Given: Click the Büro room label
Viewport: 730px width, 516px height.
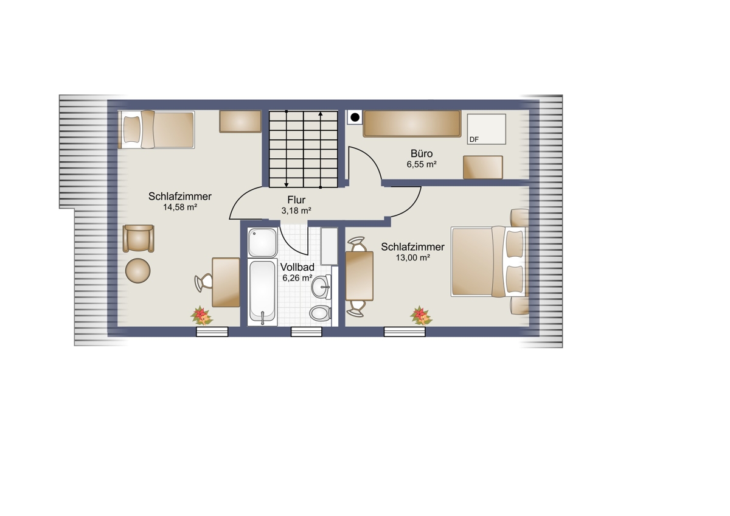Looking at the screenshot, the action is (422, 153).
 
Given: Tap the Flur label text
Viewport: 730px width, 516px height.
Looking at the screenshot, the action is (296, 200).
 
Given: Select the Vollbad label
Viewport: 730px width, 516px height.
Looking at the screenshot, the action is (297, 267).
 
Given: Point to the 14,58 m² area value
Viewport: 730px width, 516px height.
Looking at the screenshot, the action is (180, 207).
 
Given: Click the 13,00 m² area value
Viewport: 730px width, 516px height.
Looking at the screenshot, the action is (413, 257).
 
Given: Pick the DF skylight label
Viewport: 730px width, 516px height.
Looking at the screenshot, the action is (474, 139).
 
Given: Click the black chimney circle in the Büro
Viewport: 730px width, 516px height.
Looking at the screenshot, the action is (355, 117).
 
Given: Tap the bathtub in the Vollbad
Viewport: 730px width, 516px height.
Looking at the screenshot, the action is (262, 293).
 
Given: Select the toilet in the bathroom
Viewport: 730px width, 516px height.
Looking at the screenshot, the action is (320, 313).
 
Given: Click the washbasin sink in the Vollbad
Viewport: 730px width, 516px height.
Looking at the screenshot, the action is (321, 287).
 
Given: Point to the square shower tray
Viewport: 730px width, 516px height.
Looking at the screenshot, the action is (262, 242).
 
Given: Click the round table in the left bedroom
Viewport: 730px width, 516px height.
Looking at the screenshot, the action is (138, 271).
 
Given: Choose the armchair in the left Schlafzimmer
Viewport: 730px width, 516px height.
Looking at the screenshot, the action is (138, 239).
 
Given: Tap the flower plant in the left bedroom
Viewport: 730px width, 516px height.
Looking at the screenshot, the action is (201, 316).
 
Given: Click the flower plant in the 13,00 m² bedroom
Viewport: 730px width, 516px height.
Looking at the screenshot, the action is (421, 316).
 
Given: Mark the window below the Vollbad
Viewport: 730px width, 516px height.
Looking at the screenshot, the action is (307, 332).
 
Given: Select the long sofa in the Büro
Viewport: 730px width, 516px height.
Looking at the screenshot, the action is (412, 124).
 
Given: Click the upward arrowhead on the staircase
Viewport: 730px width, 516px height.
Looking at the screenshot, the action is (321, 114).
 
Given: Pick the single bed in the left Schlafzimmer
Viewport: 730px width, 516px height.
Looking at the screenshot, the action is (156, 130).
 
